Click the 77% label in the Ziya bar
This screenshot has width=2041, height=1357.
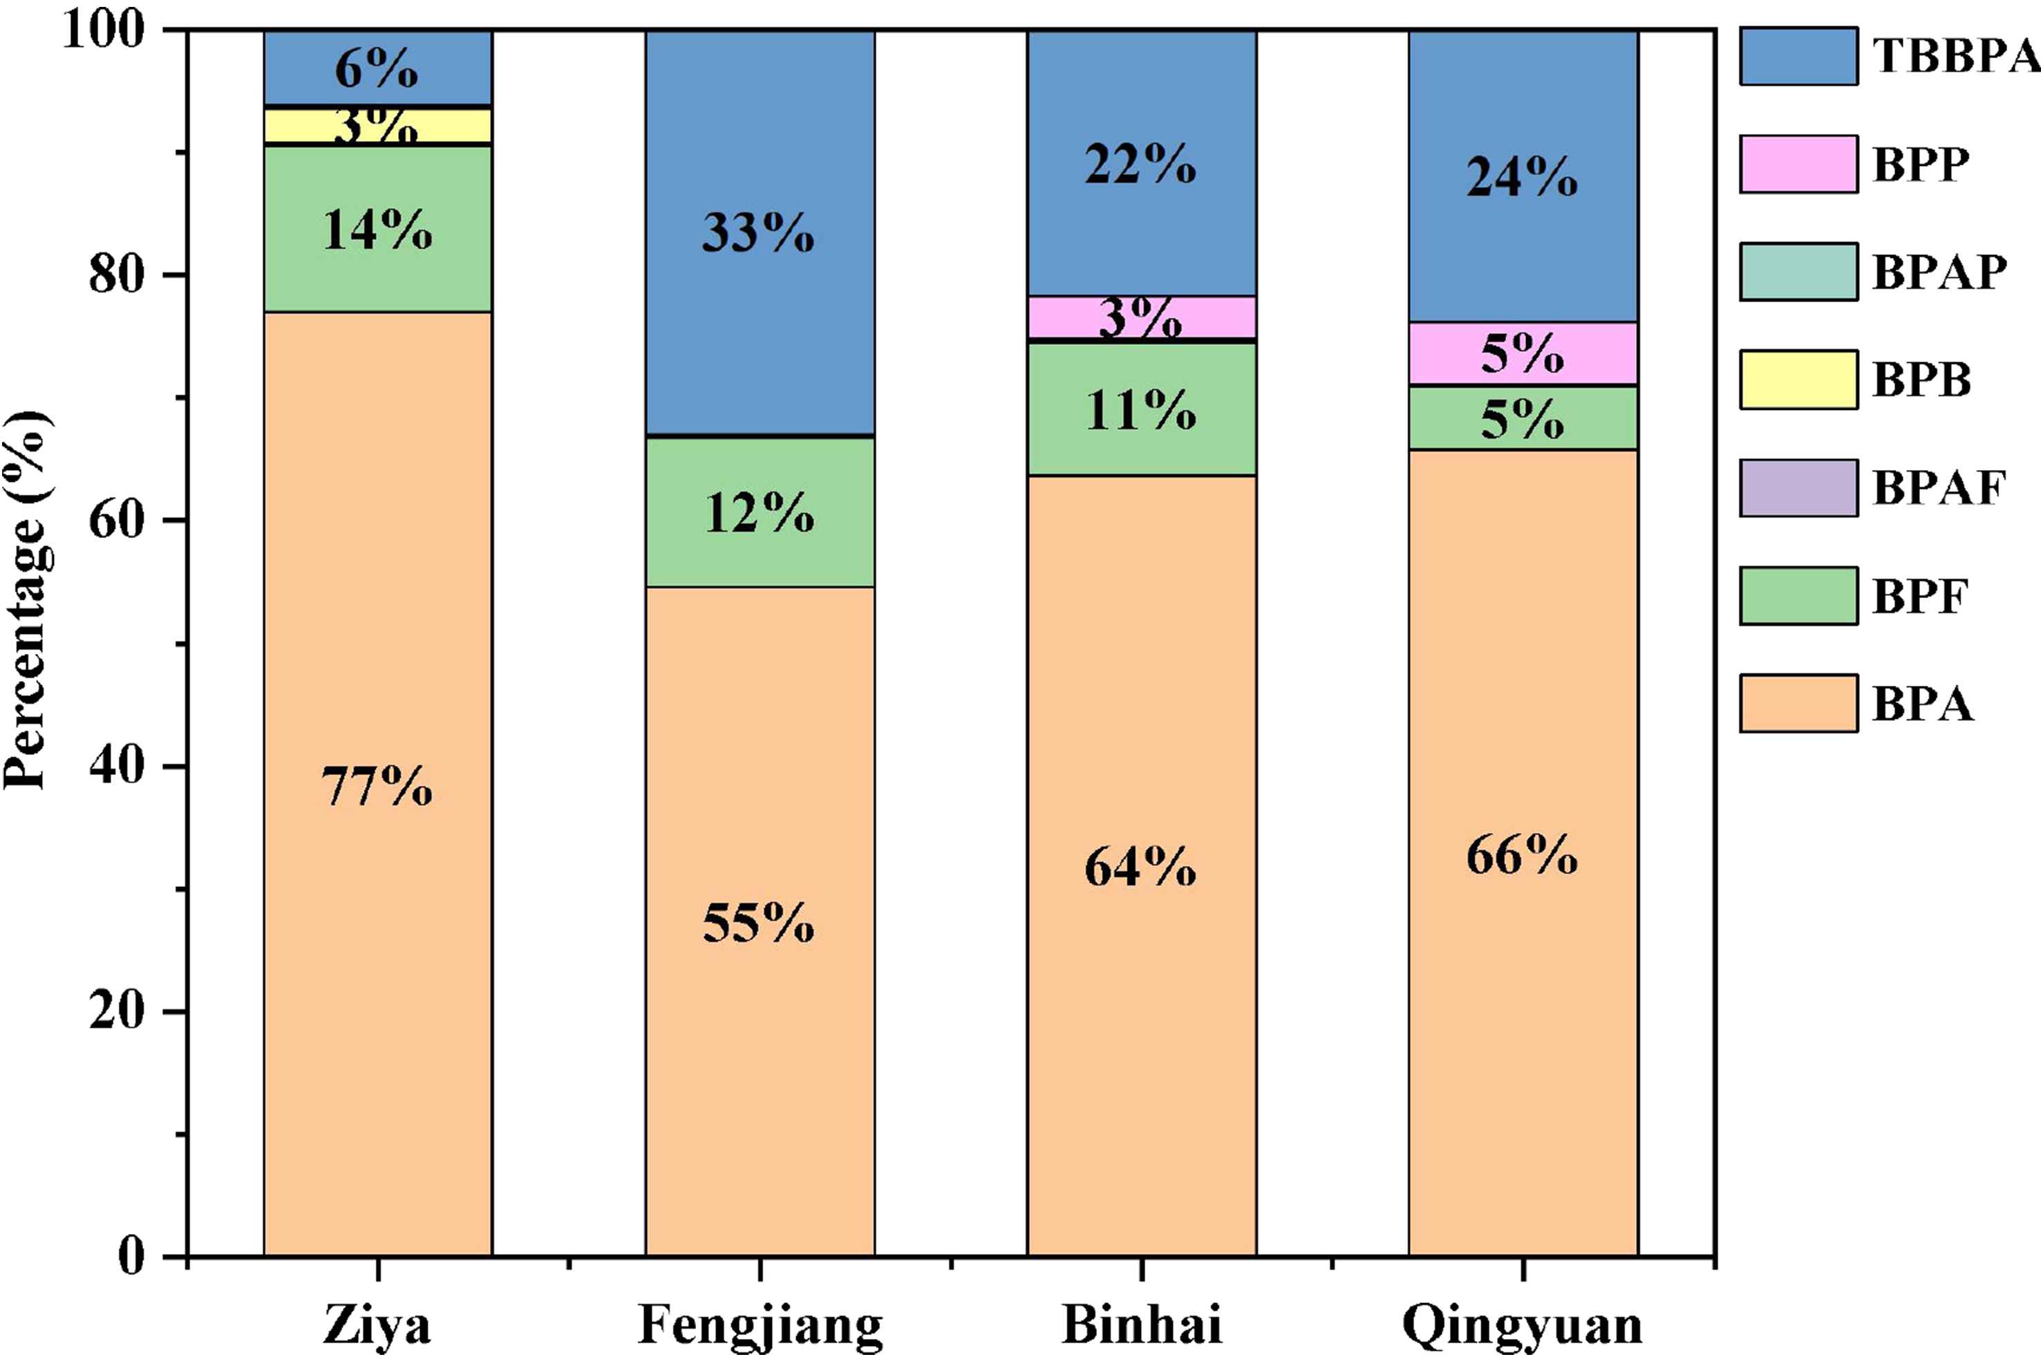[377, 787]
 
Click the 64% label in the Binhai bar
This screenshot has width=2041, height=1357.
[1140, 867]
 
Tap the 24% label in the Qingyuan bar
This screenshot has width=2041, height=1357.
[1522, 178]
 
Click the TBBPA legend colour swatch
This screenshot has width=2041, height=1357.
[1798, 56]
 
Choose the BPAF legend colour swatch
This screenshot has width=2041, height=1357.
[1798, 488]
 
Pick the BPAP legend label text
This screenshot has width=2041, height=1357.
[1939, 272]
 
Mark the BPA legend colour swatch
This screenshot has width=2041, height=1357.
[1798, 704]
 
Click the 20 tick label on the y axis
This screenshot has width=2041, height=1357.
[116, 1011]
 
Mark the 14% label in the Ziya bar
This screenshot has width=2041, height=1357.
[377, 230]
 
